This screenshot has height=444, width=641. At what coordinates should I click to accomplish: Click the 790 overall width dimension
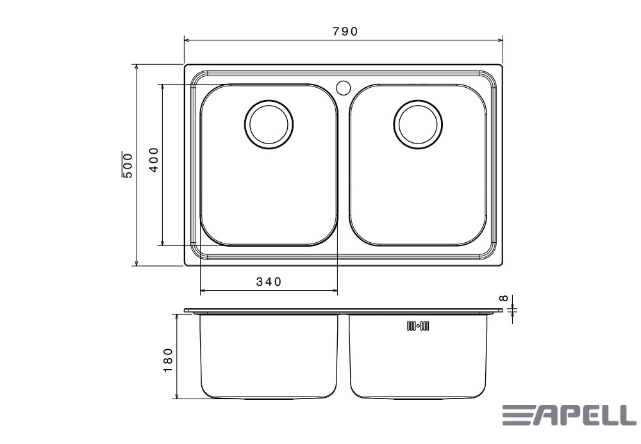[x=345, y=31]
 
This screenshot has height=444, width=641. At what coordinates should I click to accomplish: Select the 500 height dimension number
[x=128, y=165]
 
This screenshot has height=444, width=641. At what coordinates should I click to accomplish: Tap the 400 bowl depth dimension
[x=154, y=160]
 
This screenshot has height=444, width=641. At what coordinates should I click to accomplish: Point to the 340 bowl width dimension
[x=269, y=281]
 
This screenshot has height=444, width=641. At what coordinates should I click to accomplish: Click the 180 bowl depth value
[x=168, y=360]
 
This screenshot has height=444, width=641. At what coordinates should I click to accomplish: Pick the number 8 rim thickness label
[x=504, y=298]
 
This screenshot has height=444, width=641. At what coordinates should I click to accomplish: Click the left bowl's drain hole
[x=269, y=124]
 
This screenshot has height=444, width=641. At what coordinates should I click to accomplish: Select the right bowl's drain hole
[x=418, y=124]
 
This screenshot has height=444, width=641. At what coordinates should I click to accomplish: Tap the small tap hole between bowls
[x=344, y=87]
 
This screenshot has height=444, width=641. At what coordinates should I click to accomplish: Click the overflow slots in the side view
[x=418, y=326]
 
